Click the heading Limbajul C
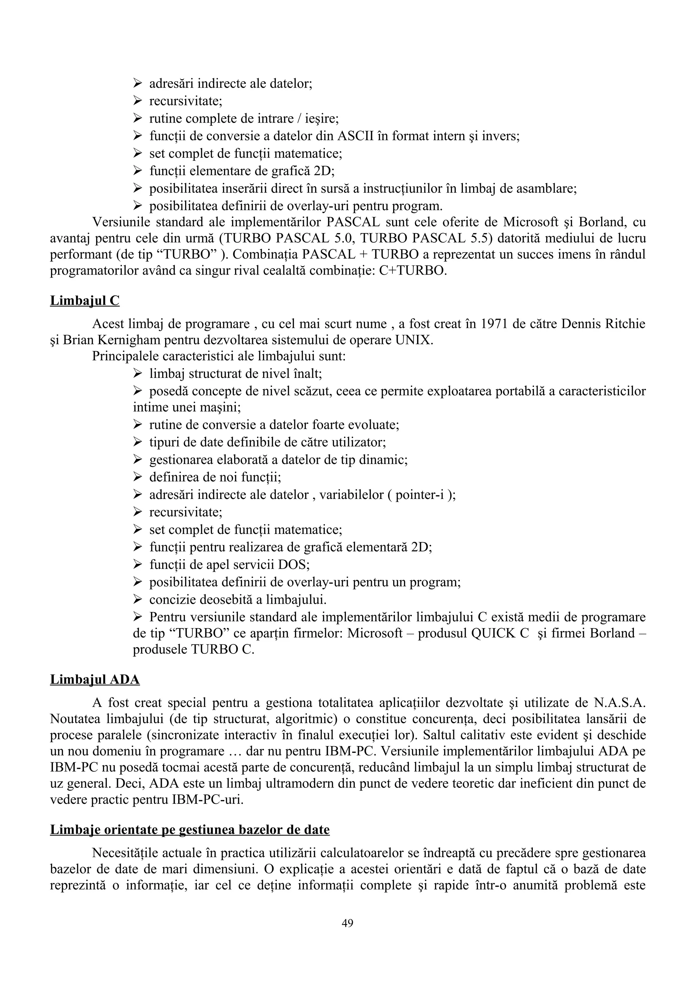pos(85,301)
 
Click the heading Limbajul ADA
pos(95,680)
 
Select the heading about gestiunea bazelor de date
pos(190,830)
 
